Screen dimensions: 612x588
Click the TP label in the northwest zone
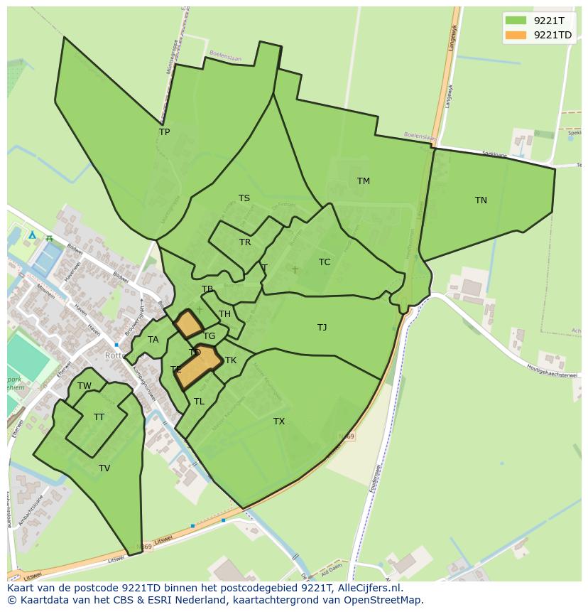[x=164, y=132]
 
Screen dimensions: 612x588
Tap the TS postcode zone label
[x=244, y=198]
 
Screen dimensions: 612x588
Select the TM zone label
[x=364, y=181]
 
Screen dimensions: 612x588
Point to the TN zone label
[x=481, y=200]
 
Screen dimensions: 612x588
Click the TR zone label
[x=245, y=242]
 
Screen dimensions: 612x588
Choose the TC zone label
[x=325, y=262]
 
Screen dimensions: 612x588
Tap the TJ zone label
[x=322, y=328]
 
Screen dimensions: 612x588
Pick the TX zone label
[x=279, y=422]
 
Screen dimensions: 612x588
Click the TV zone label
[x=104, y=468]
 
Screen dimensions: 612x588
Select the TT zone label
[x=99, y=417]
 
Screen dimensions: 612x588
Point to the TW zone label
[x=85, y=386]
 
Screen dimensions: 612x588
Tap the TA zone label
[x=153, y=340]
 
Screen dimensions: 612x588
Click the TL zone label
[x=199, y=402]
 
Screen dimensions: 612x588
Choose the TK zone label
[x=231, y=360]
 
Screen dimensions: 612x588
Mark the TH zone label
[x=224, y=314]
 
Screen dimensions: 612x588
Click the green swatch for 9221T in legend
[x=516, y=21]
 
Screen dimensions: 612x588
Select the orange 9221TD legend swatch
[x=516, y=35]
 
